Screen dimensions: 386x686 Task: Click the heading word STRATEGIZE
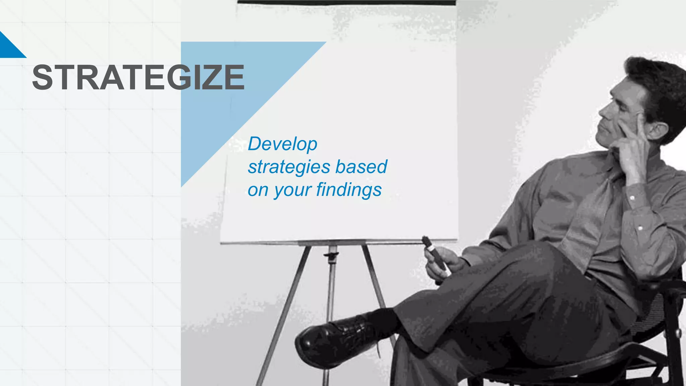[138, 77]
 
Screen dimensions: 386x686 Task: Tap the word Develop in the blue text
[282, 144]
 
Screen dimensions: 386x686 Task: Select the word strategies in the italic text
[289, 167]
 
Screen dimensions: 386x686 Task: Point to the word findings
[349, 190]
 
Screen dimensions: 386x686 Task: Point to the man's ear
[657, 132]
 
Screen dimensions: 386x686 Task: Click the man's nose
[603, 111]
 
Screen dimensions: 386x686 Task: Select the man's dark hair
[657, 84]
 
